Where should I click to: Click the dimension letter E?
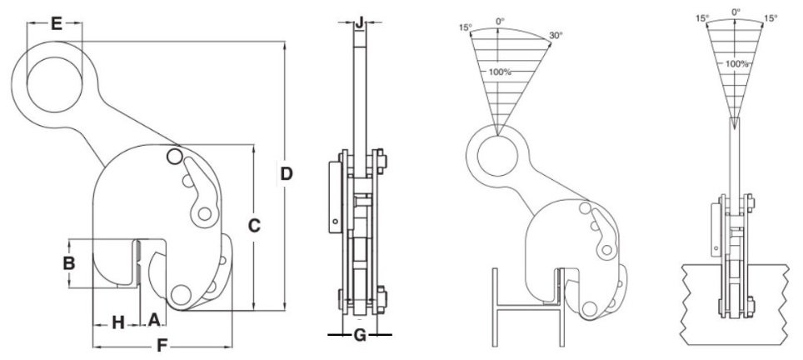pyautogui.click(x=56, y=23)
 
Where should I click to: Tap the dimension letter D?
pyautogui.click(x=286, y=174)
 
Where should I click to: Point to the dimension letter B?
pyautogui.click(x=71, y=262)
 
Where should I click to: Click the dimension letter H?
pyautogui.click(x=117, y=322)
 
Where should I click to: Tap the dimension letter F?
pyautogui.click(x=162, y=343)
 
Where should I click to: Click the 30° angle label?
pyautogui.click(x=556, y=35)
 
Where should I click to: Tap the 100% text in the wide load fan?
pyautogui.click(x=500, y=72)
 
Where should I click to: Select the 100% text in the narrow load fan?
pyautogui.click(x=736, y=63)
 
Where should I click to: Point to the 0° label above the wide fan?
pyautogui.click(x=500, y=20)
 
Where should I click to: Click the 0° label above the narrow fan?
pyautogui.click(x=736, y=12)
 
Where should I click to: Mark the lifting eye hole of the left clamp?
pyautogui.click(x=55, y=83)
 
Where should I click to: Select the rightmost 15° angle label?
pyautogui.click(x=771, y=17)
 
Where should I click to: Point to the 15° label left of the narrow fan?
pyautogui.click(x=702, y=17)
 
